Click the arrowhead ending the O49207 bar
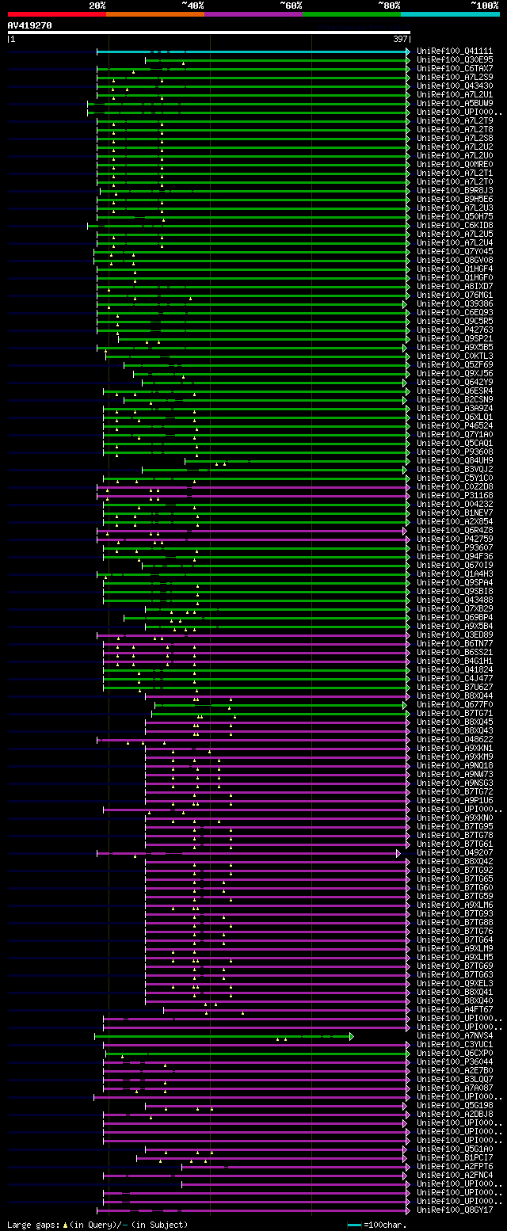click(398, 853)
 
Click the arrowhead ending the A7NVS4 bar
click(351, 1036)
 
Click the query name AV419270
click(30, 25)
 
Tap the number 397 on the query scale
click(400, 39)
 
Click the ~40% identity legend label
click(193, 5)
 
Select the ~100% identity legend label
click(485, 5)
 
